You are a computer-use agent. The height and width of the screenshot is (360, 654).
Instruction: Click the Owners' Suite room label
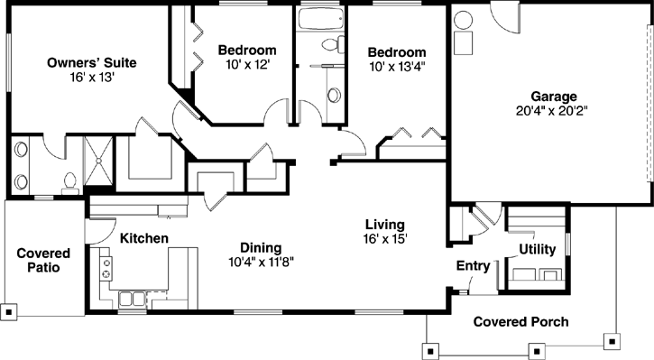click(x=92, y=62)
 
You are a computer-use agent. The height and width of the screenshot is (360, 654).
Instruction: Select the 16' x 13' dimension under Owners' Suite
click(x=92, y=78)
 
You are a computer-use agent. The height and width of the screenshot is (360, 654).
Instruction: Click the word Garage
click(x=553, y=97)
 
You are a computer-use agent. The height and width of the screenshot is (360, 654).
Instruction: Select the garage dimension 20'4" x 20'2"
click(x=553, y=112)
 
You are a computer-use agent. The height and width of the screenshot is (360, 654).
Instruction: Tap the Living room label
click(x=384, y=224)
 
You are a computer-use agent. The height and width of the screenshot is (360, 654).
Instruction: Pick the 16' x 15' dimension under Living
click(x=384, y=239)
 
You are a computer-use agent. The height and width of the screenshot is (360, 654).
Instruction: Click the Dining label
click(x=261, y=246)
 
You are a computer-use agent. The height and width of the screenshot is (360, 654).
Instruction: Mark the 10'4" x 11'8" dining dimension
click(x=261, y=262)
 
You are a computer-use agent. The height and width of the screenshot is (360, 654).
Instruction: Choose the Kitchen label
click(x=144, y=238)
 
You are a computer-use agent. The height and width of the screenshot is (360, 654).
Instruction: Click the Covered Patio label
click(x=44, y=261)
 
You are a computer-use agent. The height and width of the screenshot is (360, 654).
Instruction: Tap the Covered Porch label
click(x=520, y=321)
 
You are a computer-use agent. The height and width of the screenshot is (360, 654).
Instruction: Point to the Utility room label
click(x=537, y=249)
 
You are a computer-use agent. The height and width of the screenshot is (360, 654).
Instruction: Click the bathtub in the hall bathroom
click(x=320, y=20)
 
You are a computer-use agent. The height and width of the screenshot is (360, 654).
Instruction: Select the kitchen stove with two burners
click(x=106, y=267)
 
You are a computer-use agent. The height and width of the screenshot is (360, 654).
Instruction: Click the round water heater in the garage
click(x=464, y=20)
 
